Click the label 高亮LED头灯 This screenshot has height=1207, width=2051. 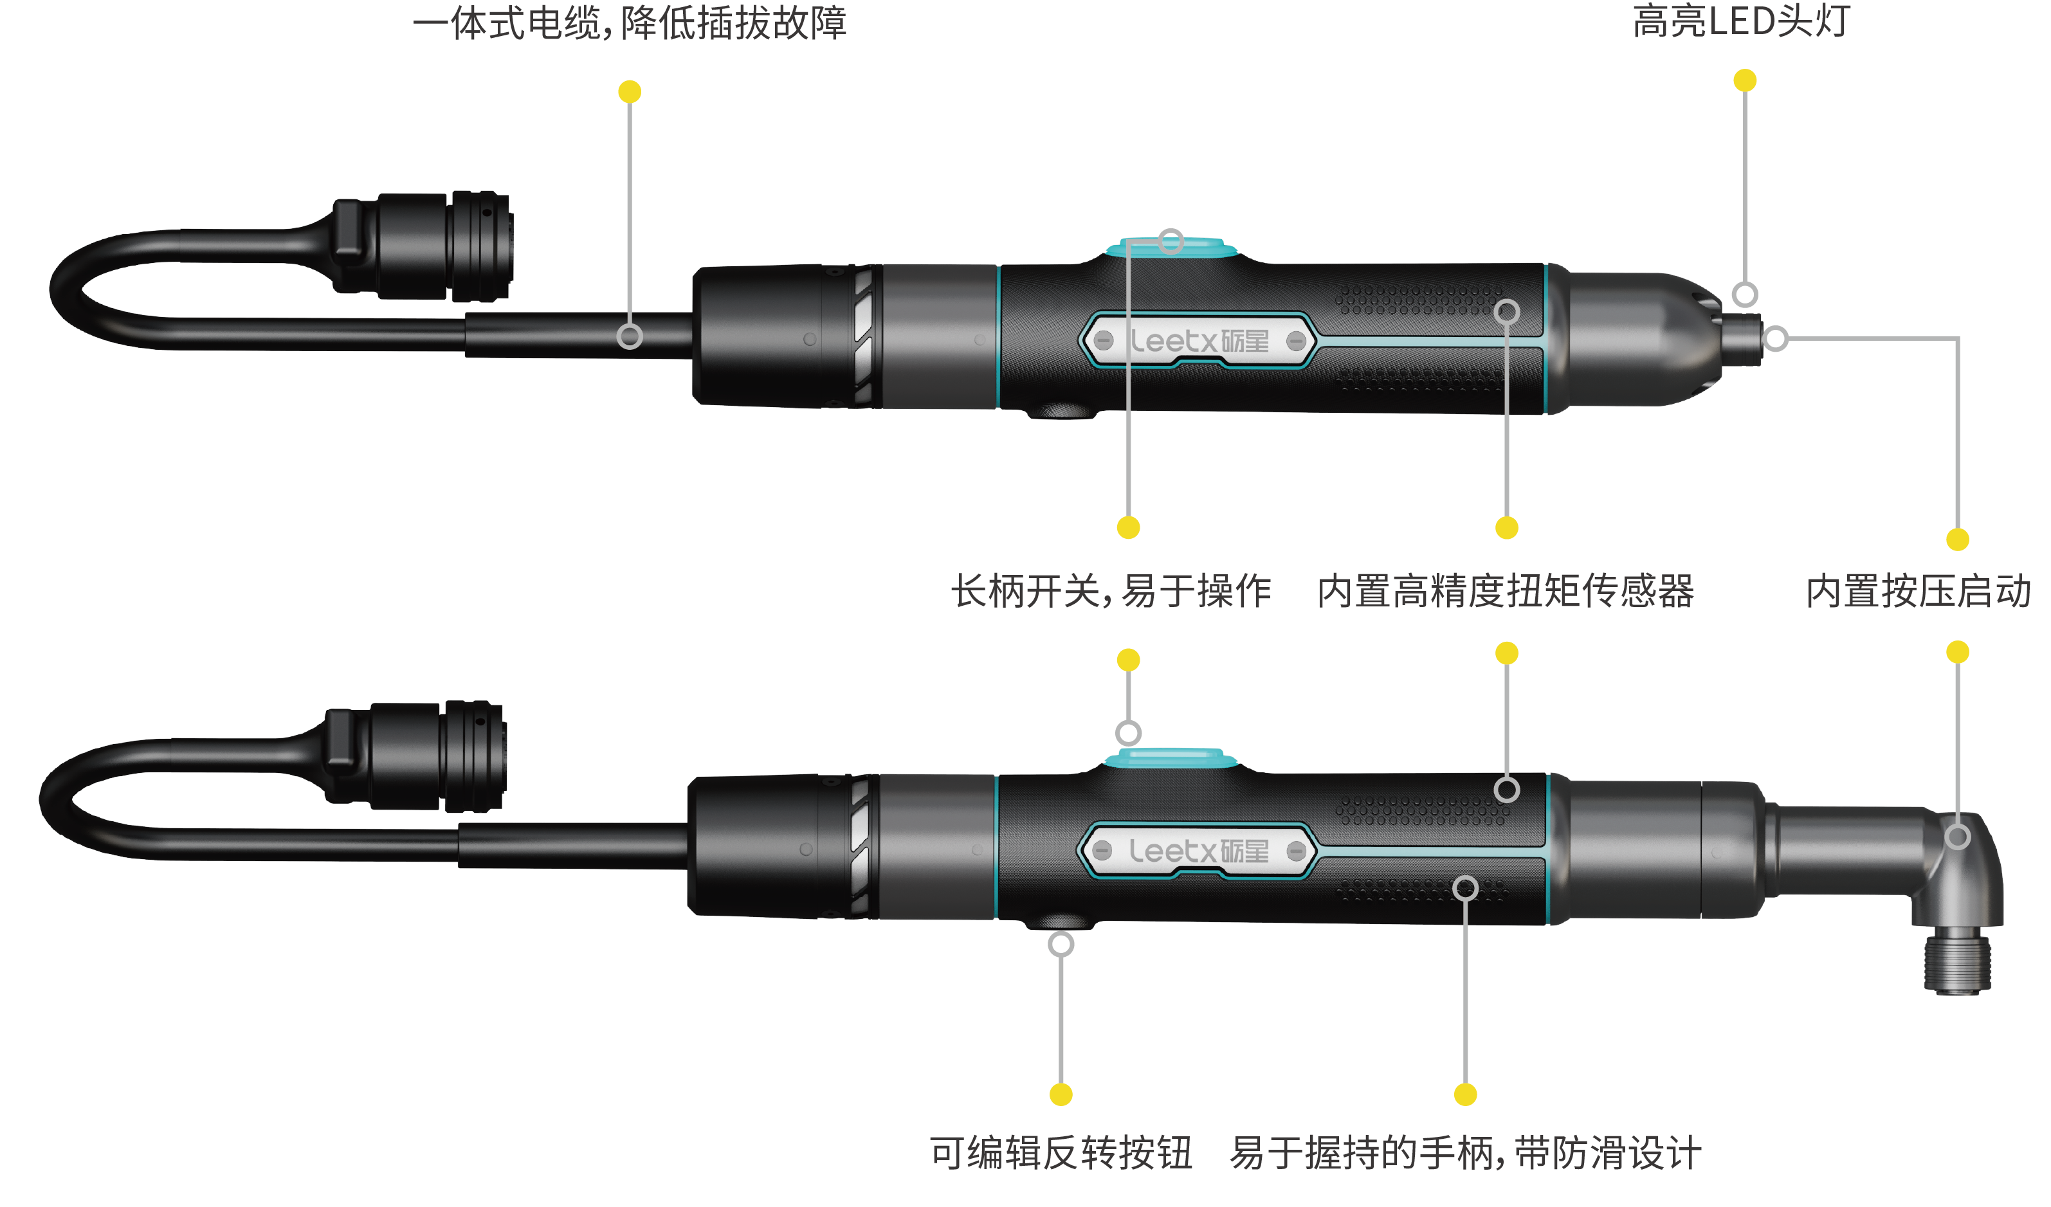[x=1741, y=22]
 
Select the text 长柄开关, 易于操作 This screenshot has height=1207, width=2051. [x=1111, y=591]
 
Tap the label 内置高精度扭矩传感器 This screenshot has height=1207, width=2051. [x=1506, y=591]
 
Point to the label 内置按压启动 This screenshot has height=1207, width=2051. [x=1917, y=591]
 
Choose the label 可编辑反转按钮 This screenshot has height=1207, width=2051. [x=1061, y=1153]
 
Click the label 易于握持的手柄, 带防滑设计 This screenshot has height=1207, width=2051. [x=1465, y=1153]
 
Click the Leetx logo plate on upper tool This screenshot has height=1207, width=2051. [x=1198, y=341]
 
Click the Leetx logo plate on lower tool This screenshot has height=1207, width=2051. [x=1198, y=851]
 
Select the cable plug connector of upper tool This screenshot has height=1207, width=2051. [x=423, y=245]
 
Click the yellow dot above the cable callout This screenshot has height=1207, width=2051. [x=629, y=92]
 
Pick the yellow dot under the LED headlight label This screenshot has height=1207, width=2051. [x=1745, y=80]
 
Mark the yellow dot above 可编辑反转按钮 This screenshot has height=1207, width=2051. [x=1061, y=1094]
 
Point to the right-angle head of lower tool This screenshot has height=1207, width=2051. [x=1953, y=871]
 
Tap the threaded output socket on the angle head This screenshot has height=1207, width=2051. [x=1956, y=965]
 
